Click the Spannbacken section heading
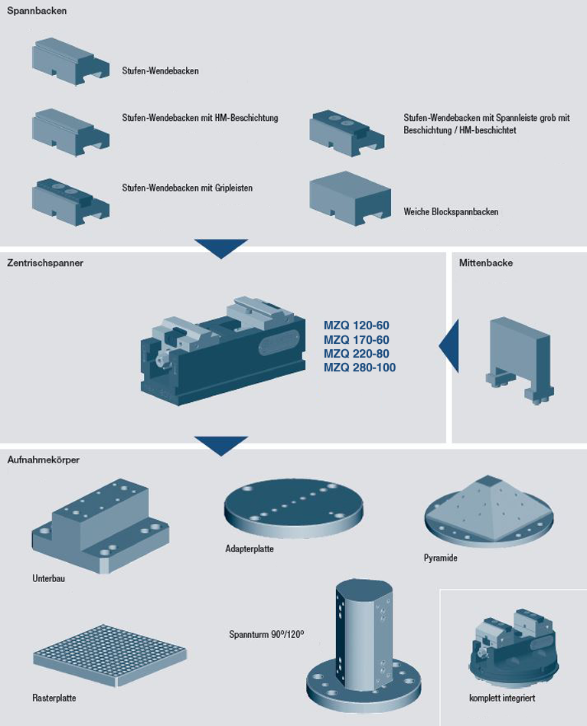click(x=37, y=11)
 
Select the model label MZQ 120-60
click(x=356, y=325)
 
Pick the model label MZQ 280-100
click(x=359, y=368)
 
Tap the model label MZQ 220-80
click(x=356, y=354)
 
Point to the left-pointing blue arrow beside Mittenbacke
click(x=449, y=347)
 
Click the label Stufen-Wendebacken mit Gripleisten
click(x=188, y=188)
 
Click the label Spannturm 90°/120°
click(x=266, y=635)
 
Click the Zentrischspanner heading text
click(x=45, y=263)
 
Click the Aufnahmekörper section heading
click(x=44, y=459)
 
